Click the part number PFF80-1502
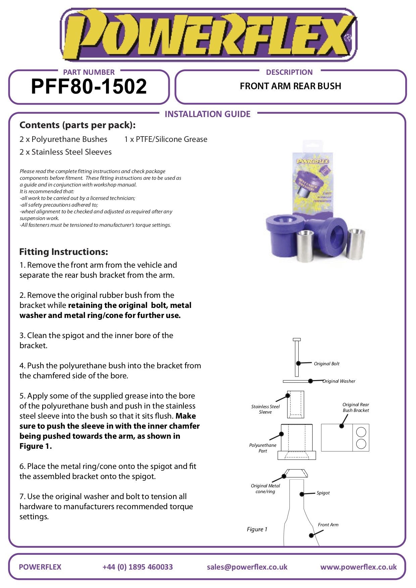pos(89,87)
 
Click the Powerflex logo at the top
pos(208,35)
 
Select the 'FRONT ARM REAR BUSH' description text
pos(290,86)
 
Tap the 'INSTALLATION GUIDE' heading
pos(207,114)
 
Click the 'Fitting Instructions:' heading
pos(64,252)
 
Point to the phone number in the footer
pos(138,567)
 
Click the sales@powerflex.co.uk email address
pos(247,567)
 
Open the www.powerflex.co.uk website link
pos(358,567)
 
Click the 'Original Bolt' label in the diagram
pos(326,364)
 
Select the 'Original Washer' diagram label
pos(339,381)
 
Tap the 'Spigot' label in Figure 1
pos(323,493)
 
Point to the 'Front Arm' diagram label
pos(328,525)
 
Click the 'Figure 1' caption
pos(257,529)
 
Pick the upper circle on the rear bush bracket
pos(361,432)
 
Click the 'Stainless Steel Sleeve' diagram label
pos(265,409)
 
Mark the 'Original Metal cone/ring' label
pos(265,489)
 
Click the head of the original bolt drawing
pos(297,340)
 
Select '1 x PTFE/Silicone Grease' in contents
pos(166,139)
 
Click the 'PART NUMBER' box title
pos(89,72)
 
